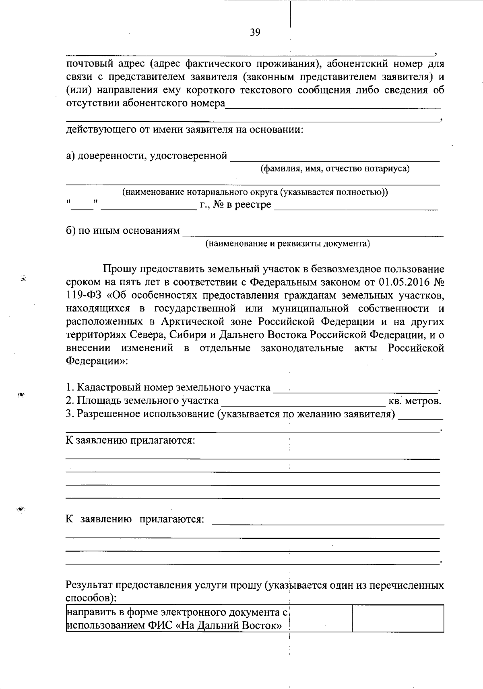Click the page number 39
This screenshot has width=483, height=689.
[255, 33]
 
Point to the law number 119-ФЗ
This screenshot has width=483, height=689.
[84, 295]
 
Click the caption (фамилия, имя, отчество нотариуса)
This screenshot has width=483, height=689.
[335, 168]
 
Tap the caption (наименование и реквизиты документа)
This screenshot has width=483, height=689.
[288, 243]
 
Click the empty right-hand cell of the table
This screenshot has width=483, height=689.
[398, 618]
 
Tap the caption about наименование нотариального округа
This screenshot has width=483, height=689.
[255, 192]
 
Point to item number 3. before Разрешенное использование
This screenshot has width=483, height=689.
[70, 414]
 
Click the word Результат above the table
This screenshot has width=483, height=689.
[89, 585]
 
